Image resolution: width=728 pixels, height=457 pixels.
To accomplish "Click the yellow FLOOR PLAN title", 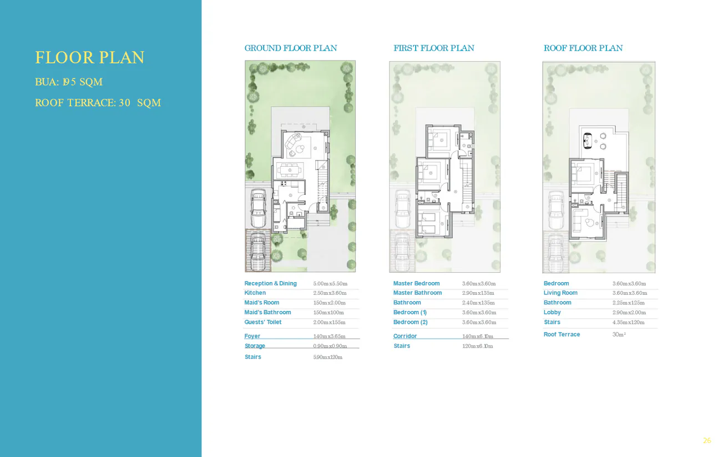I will (90, 58).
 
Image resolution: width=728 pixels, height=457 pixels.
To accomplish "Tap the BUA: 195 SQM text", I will (69, 82).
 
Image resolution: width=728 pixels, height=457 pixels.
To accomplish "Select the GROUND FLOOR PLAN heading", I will (291, 48).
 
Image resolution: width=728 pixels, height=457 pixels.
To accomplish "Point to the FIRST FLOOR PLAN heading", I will (434, 48).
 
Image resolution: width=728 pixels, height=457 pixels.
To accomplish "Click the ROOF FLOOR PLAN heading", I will (583, 48).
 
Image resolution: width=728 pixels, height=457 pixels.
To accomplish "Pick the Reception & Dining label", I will (270, 284).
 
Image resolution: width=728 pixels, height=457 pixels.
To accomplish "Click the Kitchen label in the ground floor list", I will (255, 293).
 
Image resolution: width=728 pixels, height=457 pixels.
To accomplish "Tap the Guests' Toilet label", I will (263, 323).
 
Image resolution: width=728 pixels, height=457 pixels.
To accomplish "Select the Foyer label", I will (252, 337).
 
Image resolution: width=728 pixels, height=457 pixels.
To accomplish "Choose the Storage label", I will (255, 346).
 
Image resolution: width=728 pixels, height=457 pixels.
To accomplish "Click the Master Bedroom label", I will (416, 284).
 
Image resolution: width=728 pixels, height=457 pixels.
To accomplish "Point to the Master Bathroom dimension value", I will (478, 293).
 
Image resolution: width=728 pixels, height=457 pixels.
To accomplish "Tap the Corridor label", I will (405, 337).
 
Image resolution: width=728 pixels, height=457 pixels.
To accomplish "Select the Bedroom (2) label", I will (411, 323).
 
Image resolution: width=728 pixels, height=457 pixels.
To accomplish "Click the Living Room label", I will (560, 293).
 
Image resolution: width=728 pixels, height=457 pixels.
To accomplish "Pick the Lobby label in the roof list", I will (552, 313).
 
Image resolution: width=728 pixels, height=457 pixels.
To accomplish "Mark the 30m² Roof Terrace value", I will (619, 335).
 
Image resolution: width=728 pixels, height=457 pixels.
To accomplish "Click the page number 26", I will (707, 441).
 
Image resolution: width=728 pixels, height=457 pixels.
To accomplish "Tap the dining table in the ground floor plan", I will (290, 168).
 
